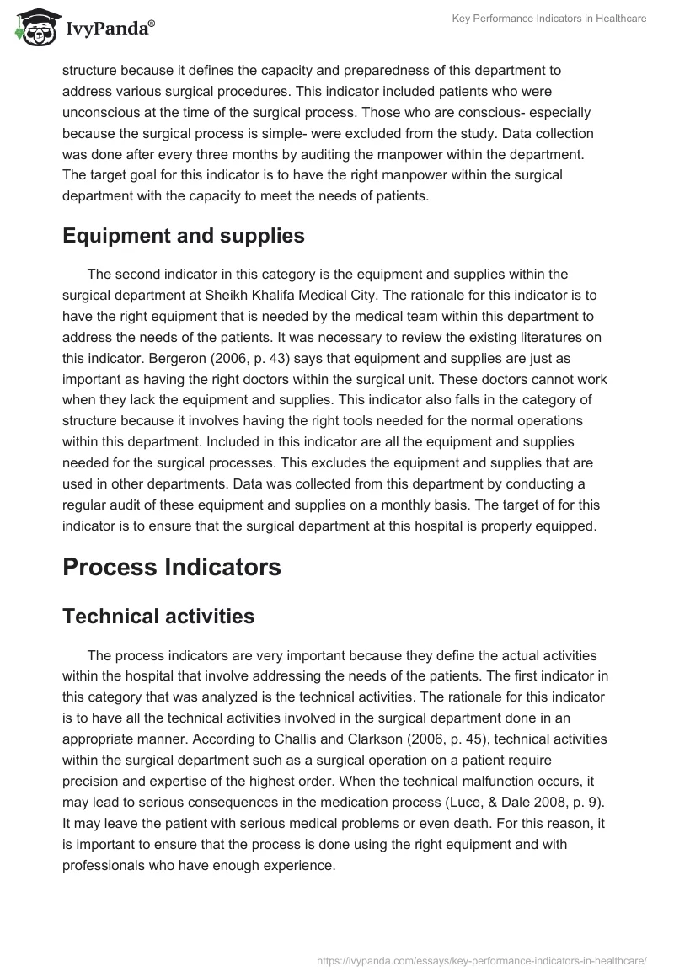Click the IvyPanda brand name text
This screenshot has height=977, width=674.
[105, 29]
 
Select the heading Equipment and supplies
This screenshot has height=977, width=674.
[184, 236]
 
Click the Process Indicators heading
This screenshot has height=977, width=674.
[172, 567]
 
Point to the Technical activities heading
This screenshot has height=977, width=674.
[158, 616]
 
